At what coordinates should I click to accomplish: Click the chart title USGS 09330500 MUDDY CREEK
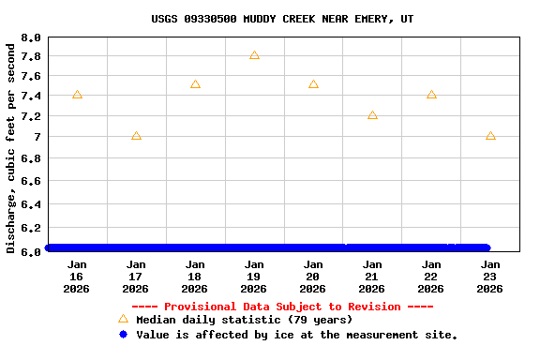click(282, 19)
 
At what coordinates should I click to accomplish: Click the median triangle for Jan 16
click(77, 95)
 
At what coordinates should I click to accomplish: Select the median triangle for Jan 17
click(136, 136)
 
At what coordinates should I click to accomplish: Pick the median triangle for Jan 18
click(195, 84)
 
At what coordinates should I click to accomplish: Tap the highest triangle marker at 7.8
click(254, 55)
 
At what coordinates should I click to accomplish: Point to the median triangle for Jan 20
click(313, 84)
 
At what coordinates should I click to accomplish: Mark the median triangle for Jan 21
click(372, 115)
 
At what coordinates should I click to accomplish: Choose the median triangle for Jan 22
click(431, 95)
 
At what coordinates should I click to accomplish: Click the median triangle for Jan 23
click(490, 136)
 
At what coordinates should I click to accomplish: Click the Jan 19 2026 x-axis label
click(254, 277)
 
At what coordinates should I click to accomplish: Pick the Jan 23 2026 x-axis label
click(490, 277)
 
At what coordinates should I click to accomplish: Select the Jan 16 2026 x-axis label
click(77, 277)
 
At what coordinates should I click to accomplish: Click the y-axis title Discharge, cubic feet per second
click(11, 147)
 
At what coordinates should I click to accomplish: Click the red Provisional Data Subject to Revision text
click(282, 307)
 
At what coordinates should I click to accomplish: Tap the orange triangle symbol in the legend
click(123, 319)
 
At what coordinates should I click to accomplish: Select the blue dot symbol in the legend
click(123, 334)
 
